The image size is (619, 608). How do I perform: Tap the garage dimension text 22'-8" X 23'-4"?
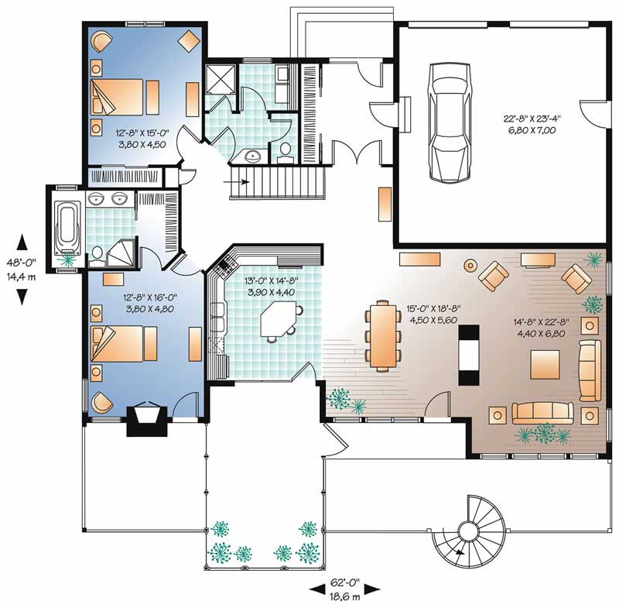click(534, 125)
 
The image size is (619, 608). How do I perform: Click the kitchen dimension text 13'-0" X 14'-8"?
click(266, 287)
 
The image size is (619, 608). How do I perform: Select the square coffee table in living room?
click(545, 364)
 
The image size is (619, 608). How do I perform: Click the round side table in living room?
click(469, 266)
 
